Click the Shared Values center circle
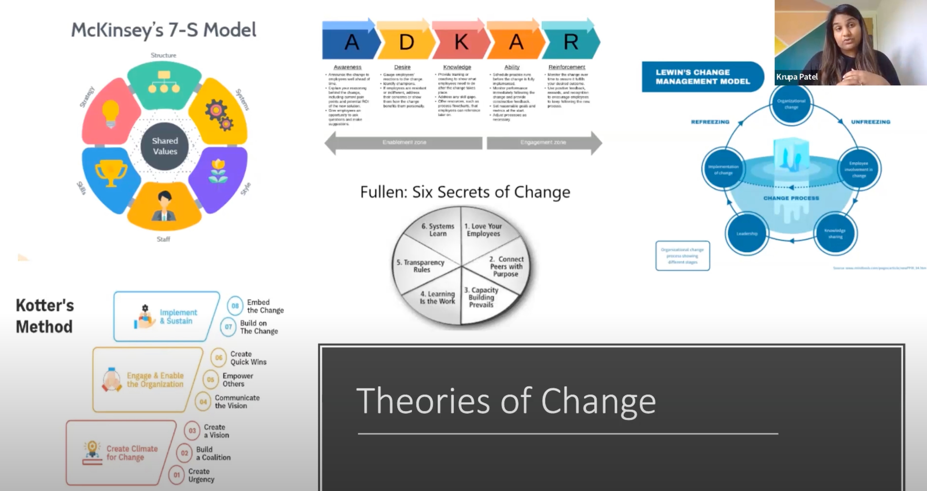pos(164,146)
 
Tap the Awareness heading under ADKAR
pos(347,67)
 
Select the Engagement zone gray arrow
pos(543,143)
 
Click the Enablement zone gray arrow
pos(404,143)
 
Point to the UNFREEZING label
pos(870,122)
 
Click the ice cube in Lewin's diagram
pos(791,155)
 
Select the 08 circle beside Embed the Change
pos(235,306)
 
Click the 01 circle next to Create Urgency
pos(177,475)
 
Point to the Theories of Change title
pos(506,401)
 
